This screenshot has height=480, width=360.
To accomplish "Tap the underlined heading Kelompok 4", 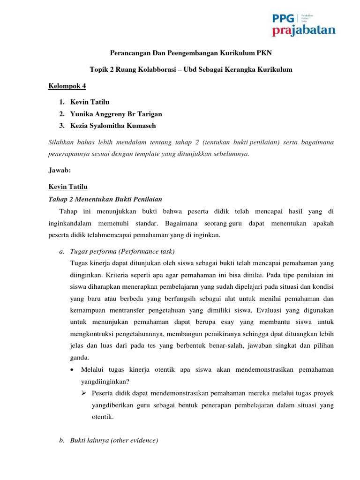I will pos(67,86).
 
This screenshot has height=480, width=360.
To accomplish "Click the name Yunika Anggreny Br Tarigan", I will pos(116,114).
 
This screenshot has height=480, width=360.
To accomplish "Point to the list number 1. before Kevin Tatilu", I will pos(62,102).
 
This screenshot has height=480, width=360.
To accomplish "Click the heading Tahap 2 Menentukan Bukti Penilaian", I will pos(99,199).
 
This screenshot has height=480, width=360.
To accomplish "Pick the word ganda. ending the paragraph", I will pos(79,357).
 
